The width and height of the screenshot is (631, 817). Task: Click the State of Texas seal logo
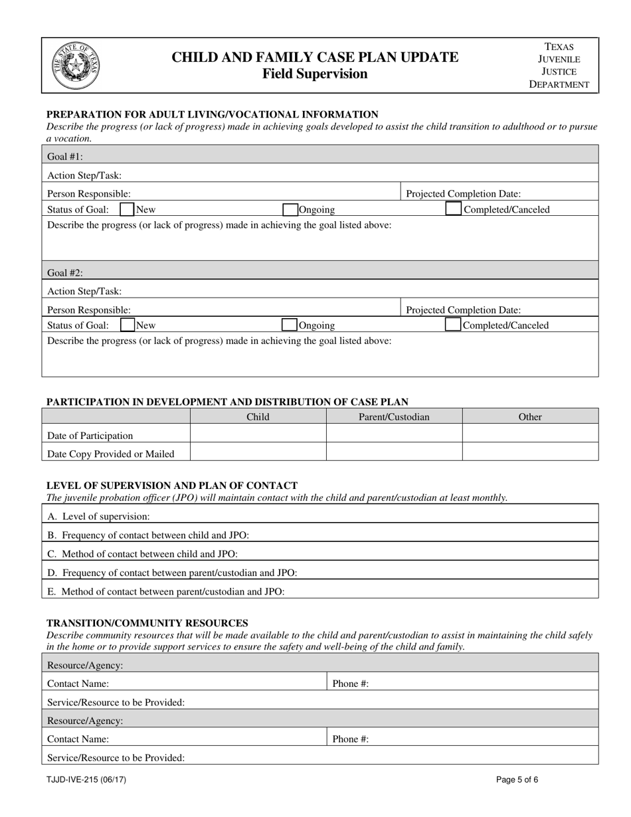coord(76,66)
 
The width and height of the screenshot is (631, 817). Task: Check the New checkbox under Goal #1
coord(127,210)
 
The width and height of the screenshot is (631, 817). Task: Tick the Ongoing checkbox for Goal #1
coord(290,210)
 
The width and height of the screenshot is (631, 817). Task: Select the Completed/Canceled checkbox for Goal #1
coord(453,210)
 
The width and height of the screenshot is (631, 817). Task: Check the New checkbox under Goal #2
coord(127,325)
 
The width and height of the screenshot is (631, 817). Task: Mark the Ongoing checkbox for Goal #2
coord(290,325)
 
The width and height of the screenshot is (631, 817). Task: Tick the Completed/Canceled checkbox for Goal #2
coord(453,325)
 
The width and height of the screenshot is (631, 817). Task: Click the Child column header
coord(258,417)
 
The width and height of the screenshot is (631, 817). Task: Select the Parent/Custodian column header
coord(394,417)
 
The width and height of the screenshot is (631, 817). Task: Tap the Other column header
coord(530,417)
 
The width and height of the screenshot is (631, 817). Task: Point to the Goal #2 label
coord(65,272)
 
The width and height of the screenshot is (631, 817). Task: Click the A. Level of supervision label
coord(98,516)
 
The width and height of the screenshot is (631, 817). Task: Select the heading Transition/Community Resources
coord(147,622)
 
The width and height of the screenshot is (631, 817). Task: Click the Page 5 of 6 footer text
coord(517,780)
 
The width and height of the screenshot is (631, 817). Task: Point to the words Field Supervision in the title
coord(315,74)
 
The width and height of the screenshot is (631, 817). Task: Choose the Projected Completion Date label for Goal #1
coord(463,194)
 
